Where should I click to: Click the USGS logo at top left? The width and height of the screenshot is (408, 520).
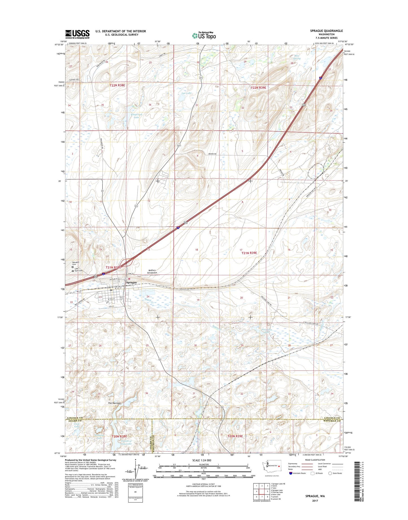pyautogui.click(x=77, y=34)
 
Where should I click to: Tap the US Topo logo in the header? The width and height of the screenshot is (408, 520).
pyautogui.click(x=204, y=36)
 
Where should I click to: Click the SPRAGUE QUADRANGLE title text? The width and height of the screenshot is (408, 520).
pyautogui.click(x=326, y=31)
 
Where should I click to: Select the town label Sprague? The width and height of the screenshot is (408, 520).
pyautogui.click(x=131, y=282)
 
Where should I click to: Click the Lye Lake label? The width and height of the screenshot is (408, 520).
pyautogui.click(x=187, y=93)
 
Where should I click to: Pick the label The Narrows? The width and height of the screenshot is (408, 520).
pyautogui.click(x=114, y=403)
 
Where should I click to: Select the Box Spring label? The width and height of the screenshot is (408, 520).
pyautogui.click(x=296, y=57)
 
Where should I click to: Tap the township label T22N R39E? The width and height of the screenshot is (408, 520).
pyautogui.click(x=258, y=88)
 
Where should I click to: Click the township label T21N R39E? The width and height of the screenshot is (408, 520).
pyautogui.click(x=249, y=253)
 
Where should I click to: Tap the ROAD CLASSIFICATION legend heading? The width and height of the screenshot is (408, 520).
pyautogui.click(x=315, y=460)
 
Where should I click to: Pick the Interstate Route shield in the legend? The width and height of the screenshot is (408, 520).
pyautogui.click(x=291, y=473)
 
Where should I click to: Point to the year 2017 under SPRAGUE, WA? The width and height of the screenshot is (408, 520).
pyautogui.click(x=315, y=501)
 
